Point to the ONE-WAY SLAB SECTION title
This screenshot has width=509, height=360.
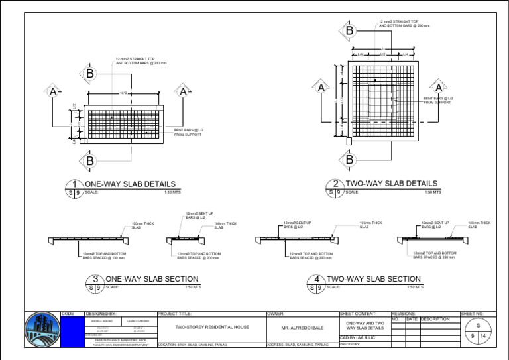[152, 279]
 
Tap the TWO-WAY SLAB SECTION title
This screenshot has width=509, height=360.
[374, 279]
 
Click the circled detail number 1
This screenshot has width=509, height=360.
[77, 184]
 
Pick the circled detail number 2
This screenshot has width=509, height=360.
[337, 184]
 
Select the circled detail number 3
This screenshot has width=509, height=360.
[95, 280]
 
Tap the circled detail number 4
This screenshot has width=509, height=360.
[318, 280]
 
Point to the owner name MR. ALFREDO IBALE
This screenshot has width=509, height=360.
[301, 328]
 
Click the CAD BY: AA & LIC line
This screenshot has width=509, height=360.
[356, 338]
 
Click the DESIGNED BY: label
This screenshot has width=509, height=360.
[101, 314]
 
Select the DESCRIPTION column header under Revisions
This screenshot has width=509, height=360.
[435, 319]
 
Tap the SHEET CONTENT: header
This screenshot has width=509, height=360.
[358, 314]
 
